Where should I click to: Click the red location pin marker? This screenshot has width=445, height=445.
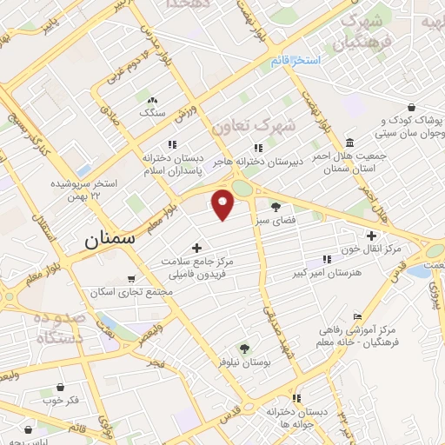[x=223, y=203]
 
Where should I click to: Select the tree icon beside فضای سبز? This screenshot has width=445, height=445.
[x=276, y=207]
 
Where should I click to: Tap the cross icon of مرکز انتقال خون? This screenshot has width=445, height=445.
[x=372, y=236]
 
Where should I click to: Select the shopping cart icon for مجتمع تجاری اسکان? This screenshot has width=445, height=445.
[x=131, y=279]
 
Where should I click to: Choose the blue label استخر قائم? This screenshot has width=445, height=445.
[x=296, y=60]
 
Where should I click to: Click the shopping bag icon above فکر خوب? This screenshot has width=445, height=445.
[x=59, y=388]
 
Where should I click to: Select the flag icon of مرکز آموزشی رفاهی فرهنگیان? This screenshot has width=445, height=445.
[x=357, y=316]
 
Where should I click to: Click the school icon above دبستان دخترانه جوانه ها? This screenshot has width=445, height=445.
[x=297, y=398]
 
